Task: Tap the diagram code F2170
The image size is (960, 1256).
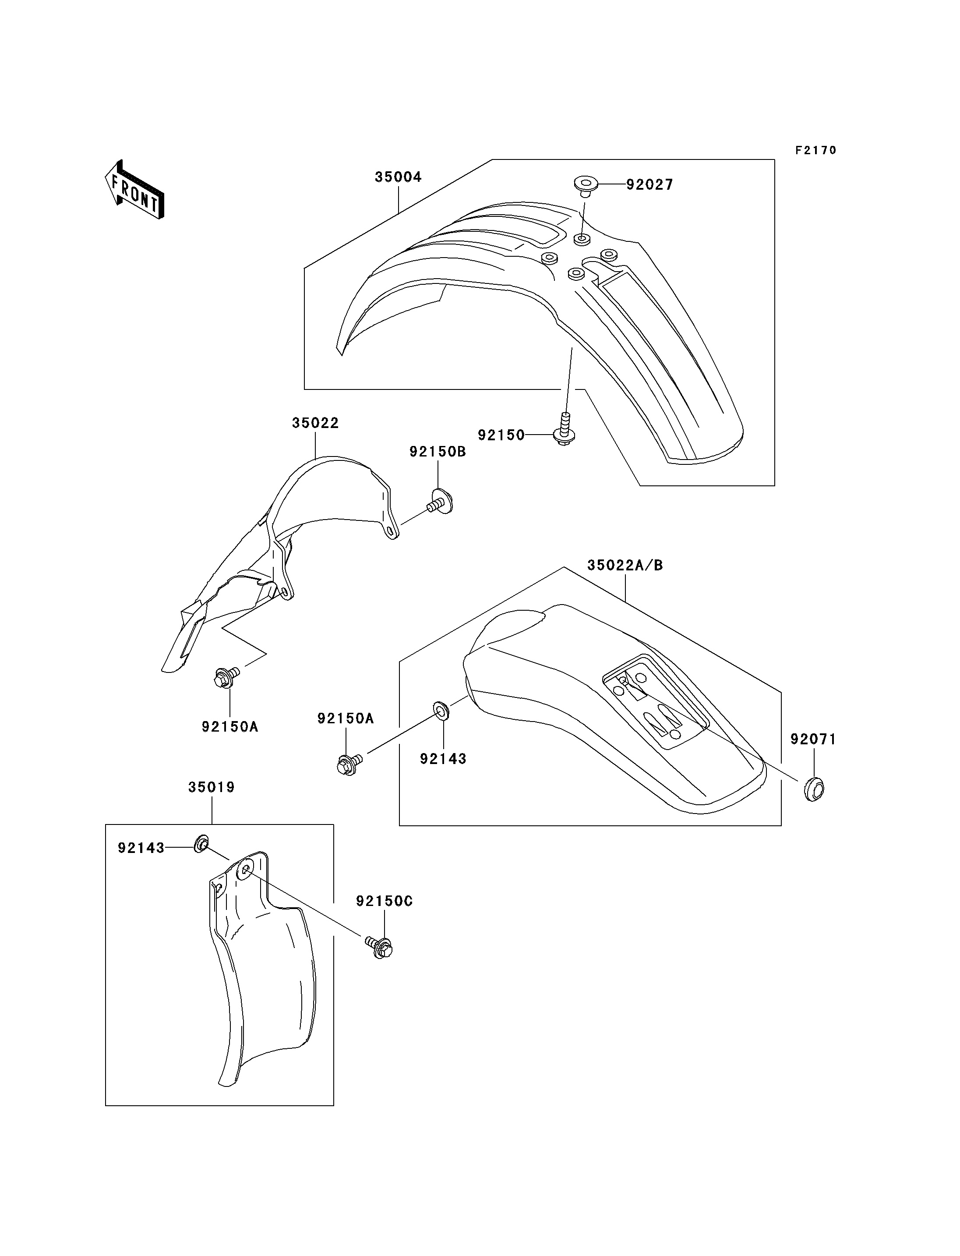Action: click(816, 150)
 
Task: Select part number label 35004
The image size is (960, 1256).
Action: click(398, 177)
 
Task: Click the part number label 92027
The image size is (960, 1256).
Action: click(650, 185)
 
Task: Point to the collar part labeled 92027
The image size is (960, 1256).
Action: click(585, 186)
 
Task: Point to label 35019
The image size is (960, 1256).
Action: click(212, 787)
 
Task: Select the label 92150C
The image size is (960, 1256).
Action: click(385, 901)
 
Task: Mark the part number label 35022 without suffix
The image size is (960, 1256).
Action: click(315, 423)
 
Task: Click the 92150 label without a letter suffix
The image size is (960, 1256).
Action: click(501, 435)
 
